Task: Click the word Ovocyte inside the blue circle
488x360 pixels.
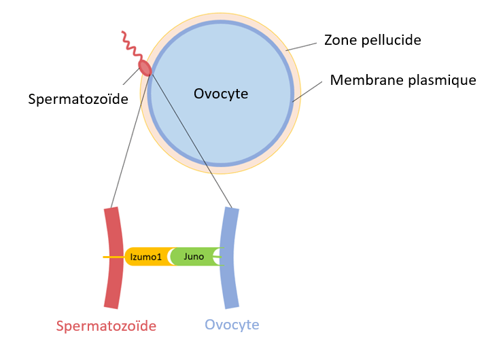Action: (x=221, y=94)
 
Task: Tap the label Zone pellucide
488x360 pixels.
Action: (x=372, y=40)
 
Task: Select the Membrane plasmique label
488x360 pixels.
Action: (x=403, y=80)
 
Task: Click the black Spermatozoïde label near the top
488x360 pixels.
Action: (x=78, y=99)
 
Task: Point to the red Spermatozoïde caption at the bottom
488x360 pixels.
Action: (x=106, y=326)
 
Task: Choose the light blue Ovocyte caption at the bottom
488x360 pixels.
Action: (x=232, y=325)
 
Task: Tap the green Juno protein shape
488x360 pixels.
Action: (x=193, y=257)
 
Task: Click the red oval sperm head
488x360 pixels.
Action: (x=145, y=67)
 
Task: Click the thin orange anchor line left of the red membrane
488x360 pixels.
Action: (x=108, y=257)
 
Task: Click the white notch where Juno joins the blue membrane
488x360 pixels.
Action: (x=217, y=257)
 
